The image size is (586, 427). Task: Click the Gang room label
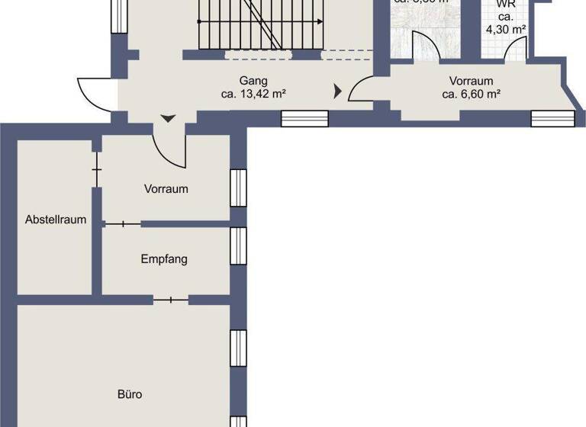[x=252, y=81]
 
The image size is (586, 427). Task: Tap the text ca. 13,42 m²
[x=252, y=95]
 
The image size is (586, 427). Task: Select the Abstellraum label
[x=55, y=220]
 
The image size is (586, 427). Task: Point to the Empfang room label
[x=164, y=259]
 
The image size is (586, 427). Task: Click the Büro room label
[x=130, y=395]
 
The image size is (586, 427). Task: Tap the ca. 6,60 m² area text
[x=471, y=95]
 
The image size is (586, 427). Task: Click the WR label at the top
[x=506, y=4]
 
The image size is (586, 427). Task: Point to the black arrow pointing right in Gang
[x=337, y=92]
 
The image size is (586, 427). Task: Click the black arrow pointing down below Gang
[x=168, y=119]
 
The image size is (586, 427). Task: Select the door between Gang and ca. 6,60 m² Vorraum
[x=361, y=90]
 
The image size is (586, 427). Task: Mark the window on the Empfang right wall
[x=238, y=245]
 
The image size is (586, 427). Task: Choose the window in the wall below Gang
[x=304, y=118]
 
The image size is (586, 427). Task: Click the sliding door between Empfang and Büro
[x=171, y=300]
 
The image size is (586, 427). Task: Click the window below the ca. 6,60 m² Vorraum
[x=552, y=118]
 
